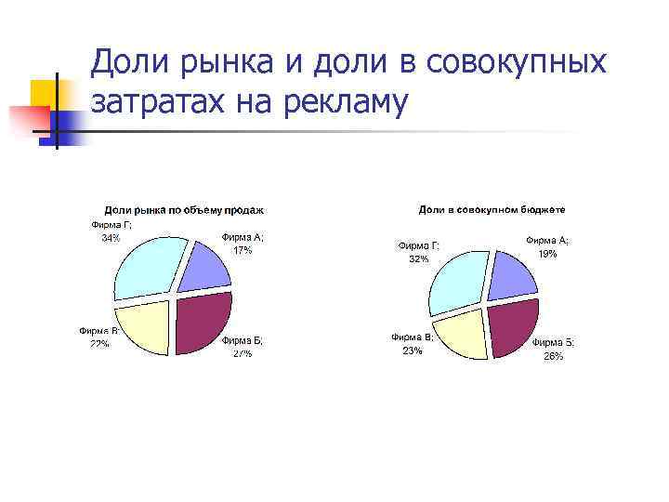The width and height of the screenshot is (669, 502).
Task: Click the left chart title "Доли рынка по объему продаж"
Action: pos(183,210)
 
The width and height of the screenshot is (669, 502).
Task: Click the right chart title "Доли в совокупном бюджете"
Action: pos(492,211)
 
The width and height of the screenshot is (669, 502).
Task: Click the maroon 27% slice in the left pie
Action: pos(204,323)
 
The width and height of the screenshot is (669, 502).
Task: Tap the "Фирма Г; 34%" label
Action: pos(111,231)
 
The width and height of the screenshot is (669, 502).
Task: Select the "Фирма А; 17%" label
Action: pos(243,244)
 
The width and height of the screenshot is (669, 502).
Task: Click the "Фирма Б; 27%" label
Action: pos(242,347)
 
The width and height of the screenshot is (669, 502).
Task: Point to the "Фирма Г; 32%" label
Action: pos(419,252)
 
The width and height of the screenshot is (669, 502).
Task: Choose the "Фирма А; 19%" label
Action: pos(548,246)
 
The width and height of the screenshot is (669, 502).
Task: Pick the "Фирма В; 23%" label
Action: pos(413,344)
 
